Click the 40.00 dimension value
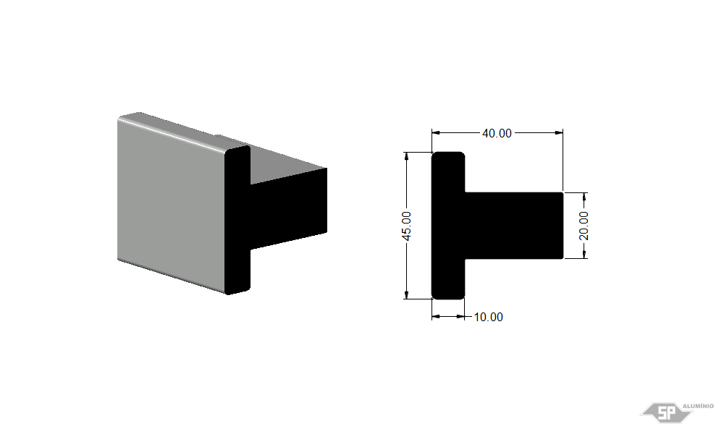pyautogui.click(x=497, y=133)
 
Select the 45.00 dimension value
pyautogui.click(x=406, y=226)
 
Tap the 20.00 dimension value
pyautogui.click(x=584, y=226)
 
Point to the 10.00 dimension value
pyautogui.click(x=489, y=317)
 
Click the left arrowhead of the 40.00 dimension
pyautogui.click(x=436, y=133)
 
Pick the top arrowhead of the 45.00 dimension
pyautogui.click(x=406, y=156)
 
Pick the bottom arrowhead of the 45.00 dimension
pyautogui.click(x=406, y=294)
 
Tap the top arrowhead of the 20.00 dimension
pyautogui.click(x=584, y=197)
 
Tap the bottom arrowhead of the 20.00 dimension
pyautogui.click(x=584, y=254)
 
